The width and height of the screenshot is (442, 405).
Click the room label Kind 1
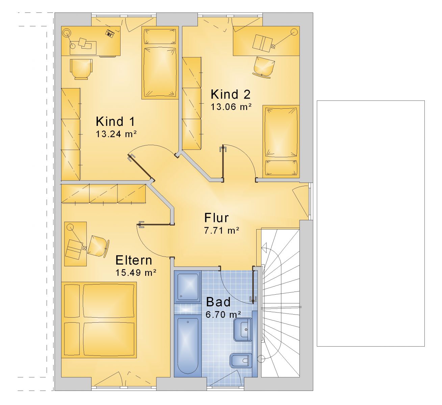tap(115, 122)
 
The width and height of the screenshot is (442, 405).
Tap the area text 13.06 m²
tap(231, 107)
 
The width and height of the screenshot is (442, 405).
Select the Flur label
tap(216, 218)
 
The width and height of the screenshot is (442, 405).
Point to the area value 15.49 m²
tap(136, 273)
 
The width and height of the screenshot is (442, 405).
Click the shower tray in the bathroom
tap(188, 287)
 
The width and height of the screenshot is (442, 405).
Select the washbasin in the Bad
tap(242, 329)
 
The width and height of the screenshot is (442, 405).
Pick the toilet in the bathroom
tap(241, 360)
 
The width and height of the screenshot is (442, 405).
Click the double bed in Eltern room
tap(99, 320)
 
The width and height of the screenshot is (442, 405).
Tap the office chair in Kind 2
tap(264, 66)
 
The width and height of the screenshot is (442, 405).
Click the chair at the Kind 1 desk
tap(81, 69)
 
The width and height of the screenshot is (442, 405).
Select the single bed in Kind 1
tap(160, 63)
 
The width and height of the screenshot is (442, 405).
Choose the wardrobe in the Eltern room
tap(104, 193)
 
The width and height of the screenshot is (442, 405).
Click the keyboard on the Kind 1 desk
tap(110, 33)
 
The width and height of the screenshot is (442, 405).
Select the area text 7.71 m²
tap(222, 231)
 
